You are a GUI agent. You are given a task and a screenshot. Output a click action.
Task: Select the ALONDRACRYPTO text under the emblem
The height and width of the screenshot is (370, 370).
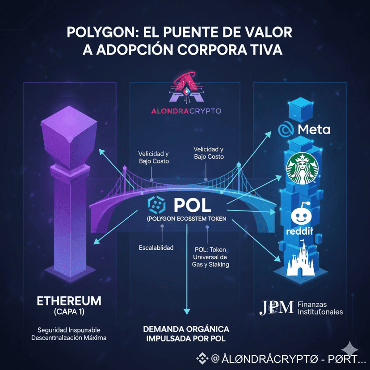click(185, 110)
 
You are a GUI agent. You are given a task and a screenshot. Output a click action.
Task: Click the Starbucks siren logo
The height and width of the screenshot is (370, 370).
click(302, 169)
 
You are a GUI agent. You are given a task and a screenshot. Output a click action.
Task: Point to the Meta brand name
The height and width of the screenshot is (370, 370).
click(314, 130)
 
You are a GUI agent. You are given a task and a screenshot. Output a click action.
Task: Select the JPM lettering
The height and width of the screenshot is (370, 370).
click(277, 307)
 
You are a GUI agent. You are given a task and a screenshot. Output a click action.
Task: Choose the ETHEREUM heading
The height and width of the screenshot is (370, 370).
click(69, 300)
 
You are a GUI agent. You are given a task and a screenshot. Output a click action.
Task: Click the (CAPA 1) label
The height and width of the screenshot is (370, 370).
click(69, 311)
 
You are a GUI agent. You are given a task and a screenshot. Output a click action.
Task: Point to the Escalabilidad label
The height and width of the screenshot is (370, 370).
click(156, 247)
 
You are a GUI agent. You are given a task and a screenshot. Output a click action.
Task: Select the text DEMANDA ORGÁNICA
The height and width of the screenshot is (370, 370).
click(186, 329)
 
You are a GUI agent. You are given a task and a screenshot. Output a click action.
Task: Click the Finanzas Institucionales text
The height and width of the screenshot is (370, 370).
click(320, 307)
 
